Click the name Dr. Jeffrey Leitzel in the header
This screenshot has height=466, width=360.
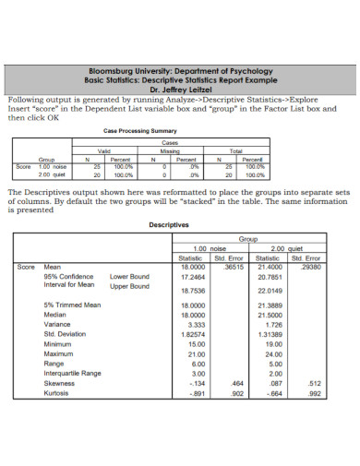pyautogui.click(x=181, y=90)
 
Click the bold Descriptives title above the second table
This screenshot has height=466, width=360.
pyautogui.click(x=169, y=224)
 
